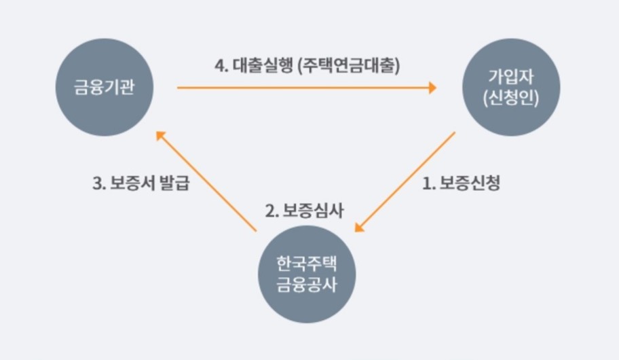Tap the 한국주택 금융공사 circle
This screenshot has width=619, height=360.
coord(306,274)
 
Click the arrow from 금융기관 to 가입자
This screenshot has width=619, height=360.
coord(305,88)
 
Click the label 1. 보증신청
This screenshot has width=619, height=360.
coord(461,183)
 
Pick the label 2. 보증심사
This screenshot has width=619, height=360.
coord(305,210)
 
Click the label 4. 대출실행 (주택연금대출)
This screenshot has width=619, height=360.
coord(307,67)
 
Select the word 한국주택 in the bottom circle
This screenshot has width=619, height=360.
coord(306,263)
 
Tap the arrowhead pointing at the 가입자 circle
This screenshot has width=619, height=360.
coord(431,88)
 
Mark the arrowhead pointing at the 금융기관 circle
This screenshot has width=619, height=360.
coord(160,136)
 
